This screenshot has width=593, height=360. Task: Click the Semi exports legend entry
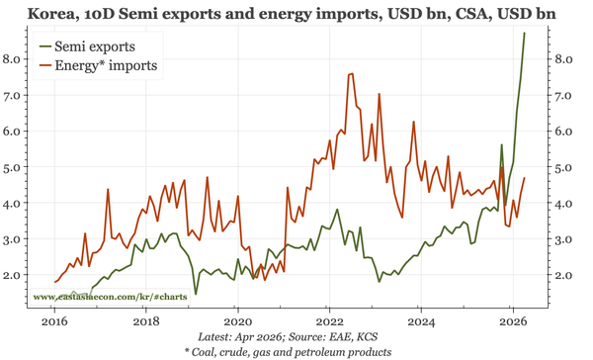point(95,46)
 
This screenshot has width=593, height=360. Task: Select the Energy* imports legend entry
point(105,65)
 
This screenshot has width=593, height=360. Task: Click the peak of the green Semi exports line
point(524,34)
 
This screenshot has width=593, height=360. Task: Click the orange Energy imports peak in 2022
point(352,73)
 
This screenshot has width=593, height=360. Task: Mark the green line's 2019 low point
point(196,294)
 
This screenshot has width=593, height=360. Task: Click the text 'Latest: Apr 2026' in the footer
point(243,337)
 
